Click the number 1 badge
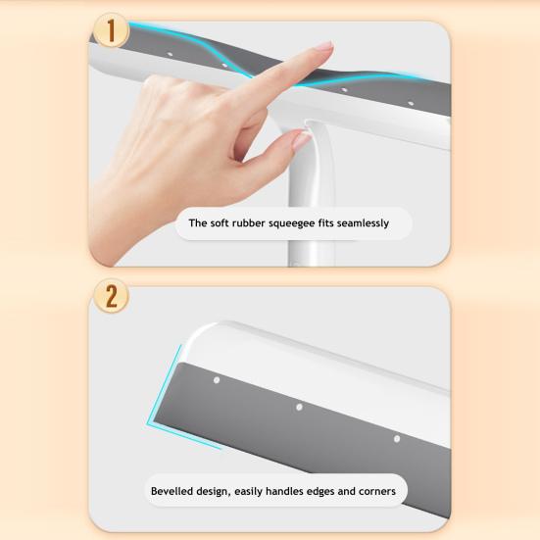point(111,30)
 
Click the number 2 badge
point(111,296)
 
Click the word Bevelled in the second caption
point(172,491)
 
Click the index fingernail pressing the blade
point(323,46)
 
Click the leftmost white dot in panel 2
point(217,380)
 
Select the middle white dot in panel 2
point(299,408)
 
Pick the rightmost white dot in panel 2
point(397,439)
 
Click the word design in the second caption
point(212,492)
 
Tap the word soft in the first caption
point(219,223)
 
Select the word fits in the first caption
point(325,223)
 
